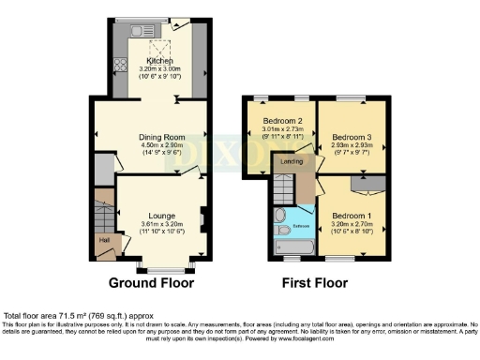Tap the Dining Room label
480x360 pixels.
[x=152, y=136]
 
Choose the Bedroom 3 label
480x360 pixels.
[x=352, y=137]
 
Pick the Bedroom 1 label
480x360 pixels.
[x=352, y=217]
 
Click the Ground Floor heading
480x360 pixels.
[x=151, y=282]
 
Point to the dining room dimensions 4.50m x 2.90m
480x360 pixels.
[x=152, y=144]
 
